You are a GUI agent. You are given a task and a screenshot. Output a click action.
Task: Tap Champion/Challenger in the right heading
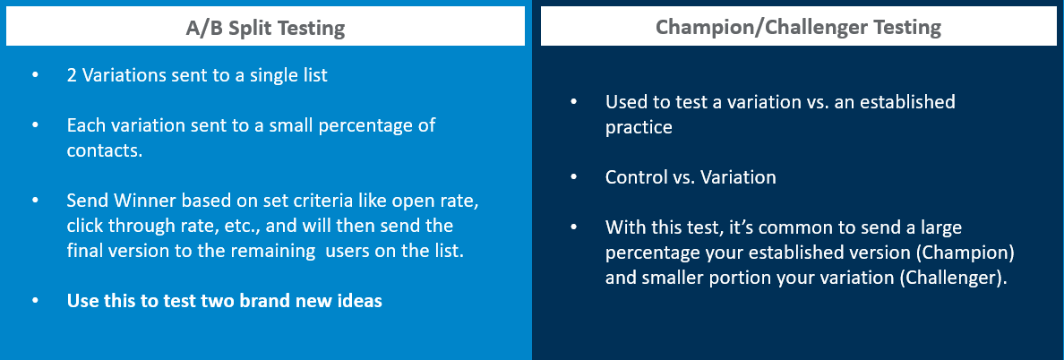(x=751, y=27)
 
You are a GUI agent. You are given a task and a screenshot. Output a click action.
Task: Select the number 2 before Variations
(x=72, y=74)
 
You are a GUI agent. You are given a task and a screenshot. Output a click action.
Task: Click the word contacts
(x=105, y=150)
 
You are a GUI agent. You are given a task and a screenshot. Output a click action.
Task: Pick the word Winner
(x=144, y=201)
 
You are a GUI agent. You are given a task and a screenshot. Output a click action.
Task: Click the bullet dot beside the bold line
(x=35, y=301)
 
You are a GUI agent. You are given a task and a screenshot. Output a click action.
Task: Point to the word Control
(x=632, y=177)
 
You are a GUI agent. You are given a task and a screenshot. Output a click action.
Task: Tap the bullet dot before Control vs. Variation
(x=574, y=177)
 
